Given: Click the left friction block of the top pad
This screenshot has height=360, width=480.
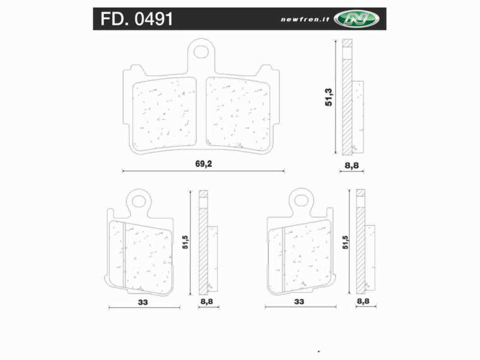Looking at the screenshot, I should [164, 113].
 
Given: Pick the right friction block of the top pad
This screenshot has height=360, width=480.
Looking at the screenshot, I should [239, 113].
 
